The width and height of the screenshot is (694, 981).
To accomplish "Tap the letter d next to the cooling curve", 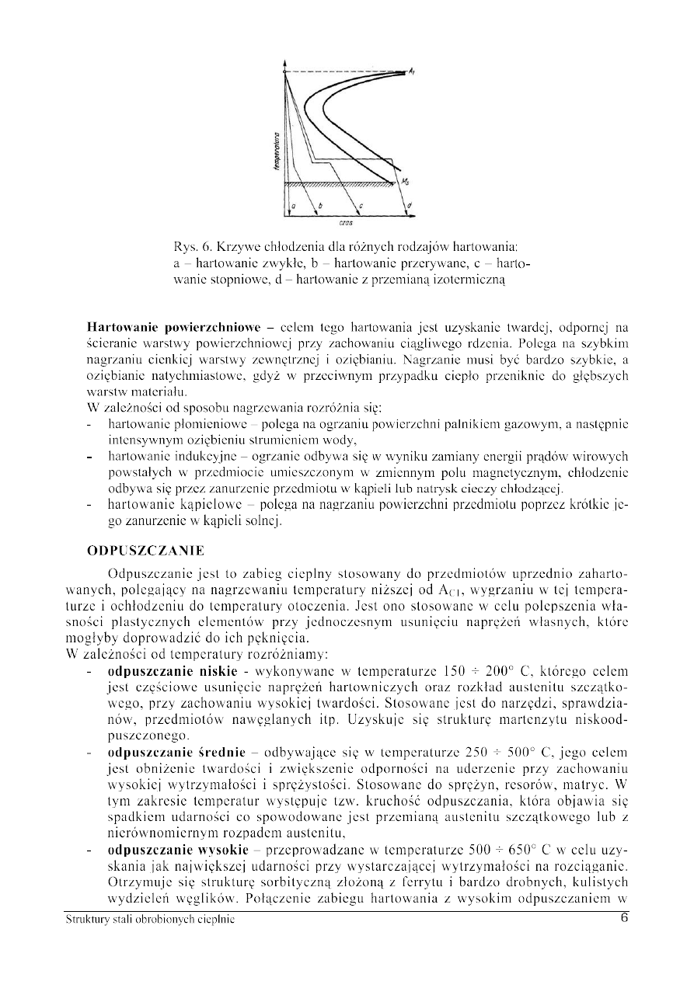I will (410, 207).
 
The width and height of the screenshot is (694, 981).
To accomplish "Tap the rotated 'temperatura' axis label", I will (277, 151).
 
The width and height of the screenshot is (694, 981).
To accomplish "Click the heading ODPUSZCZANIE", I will (145, 551).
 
